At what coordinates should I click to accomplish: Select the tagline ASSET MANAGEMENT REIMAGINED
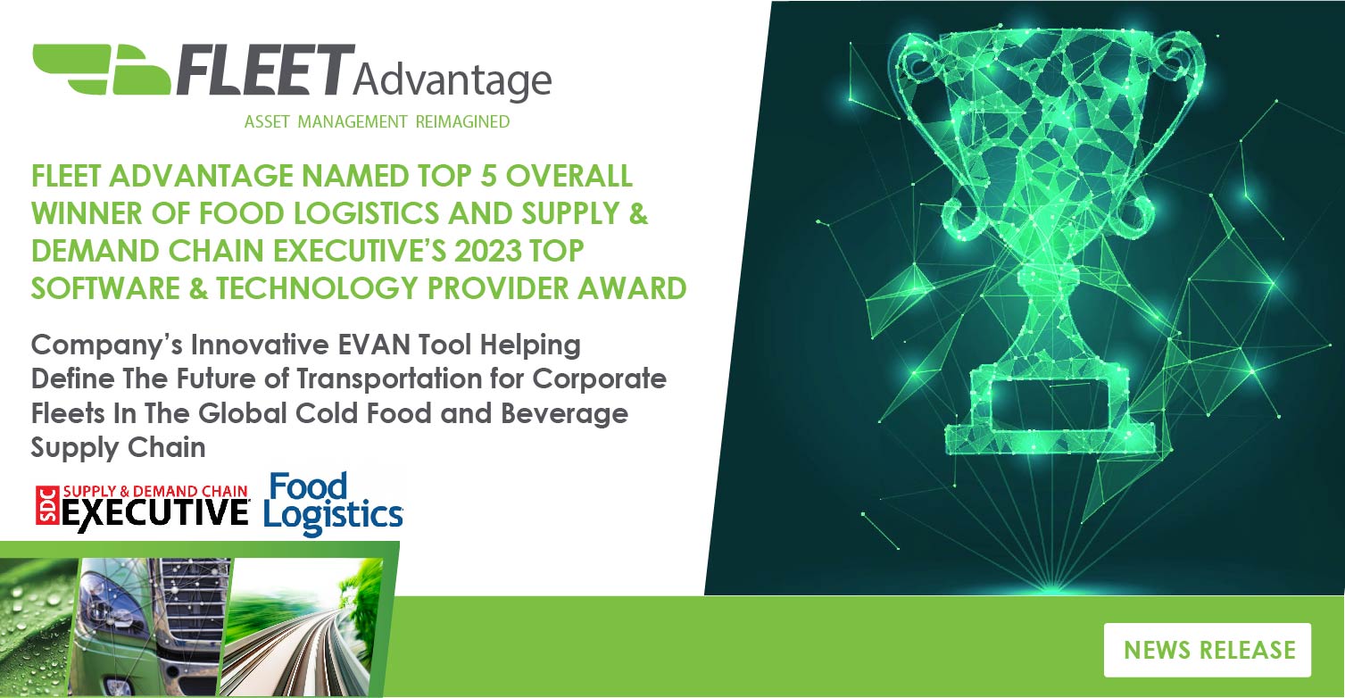tap(377, 121)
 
